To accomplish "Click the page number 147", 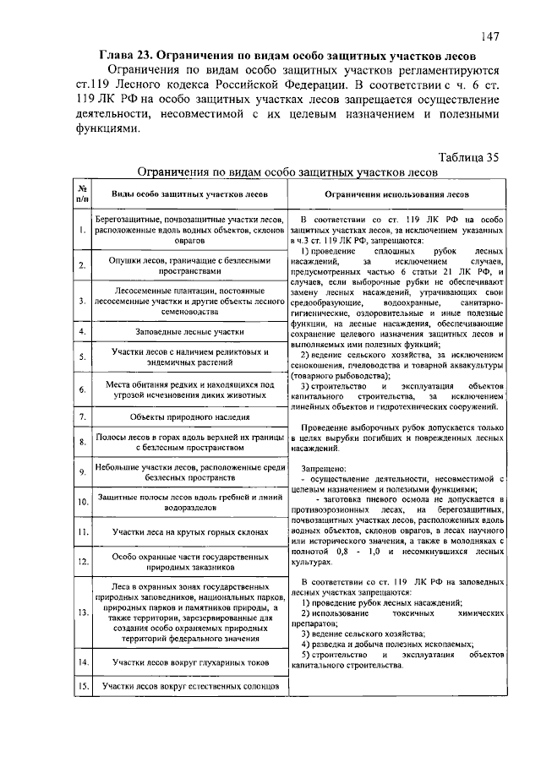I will pos(493,35).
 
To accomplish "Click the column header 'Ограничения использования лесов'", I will pos(398,193).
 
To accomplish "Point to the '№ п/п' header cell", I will pos(82,193).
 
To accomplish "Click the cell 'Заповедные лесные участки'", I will pos(183,331).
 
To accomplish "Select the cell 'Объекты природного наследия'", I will pos(183,417).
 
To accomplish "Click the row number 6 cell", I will pos(82,390).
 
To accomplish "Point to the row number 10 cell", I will pos(82,503).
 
